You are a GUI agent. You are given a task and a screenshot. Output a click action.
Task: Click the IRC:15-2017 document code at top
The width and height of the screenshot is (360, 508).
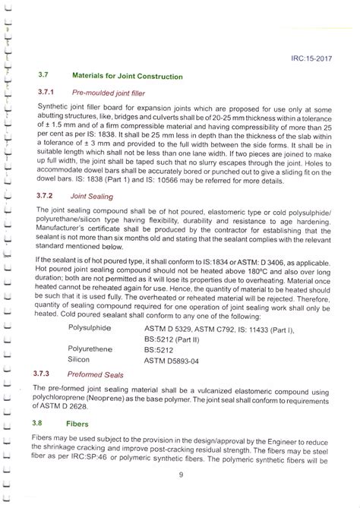coord(314,57)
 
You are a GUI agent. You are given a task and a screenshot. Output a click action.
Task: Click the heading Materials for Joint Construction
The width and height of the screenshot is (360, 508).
coord(127,77)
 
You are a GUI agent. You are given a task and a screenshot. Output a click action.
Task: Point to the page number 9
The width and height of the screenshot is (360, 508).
coord(181,476)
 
